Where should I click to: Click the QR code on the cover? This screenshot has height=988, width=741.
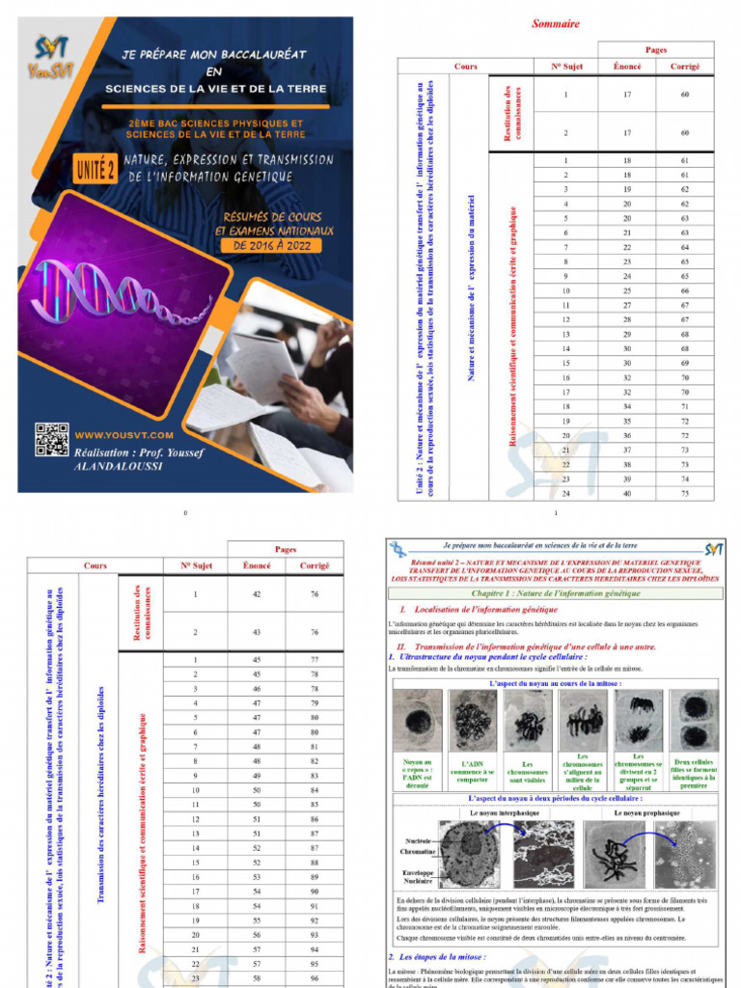pyautogui.click(x=52, y=439)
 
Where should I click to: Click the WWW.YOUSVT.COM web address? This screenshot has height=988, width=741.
pyautogui.click(x=123, y=435)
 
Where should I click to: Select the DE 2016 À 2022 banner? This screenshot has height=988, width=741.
pyautogui.click(x=273, y=246)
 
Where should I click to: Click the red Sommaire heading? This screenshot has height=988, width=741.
pyautogui.click(x=556, y=23)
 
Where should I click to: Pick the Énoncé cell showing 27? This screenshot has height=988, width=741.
pyautogui.click(x=627, y=305)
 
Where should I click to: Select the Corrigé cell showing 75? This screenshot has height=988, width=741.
pyautogui.click(x=684, y=493)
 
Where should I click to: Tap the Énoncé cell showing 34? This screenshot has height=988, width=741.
pyautogui.click(x=627, y=406)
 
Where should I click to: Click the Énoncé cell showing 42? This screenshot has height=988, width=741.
pyautogui.click(x=257, y=594)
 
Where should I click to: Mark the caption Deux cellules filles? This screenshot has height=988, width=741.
pyautogui.click(x=694, y=772)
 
